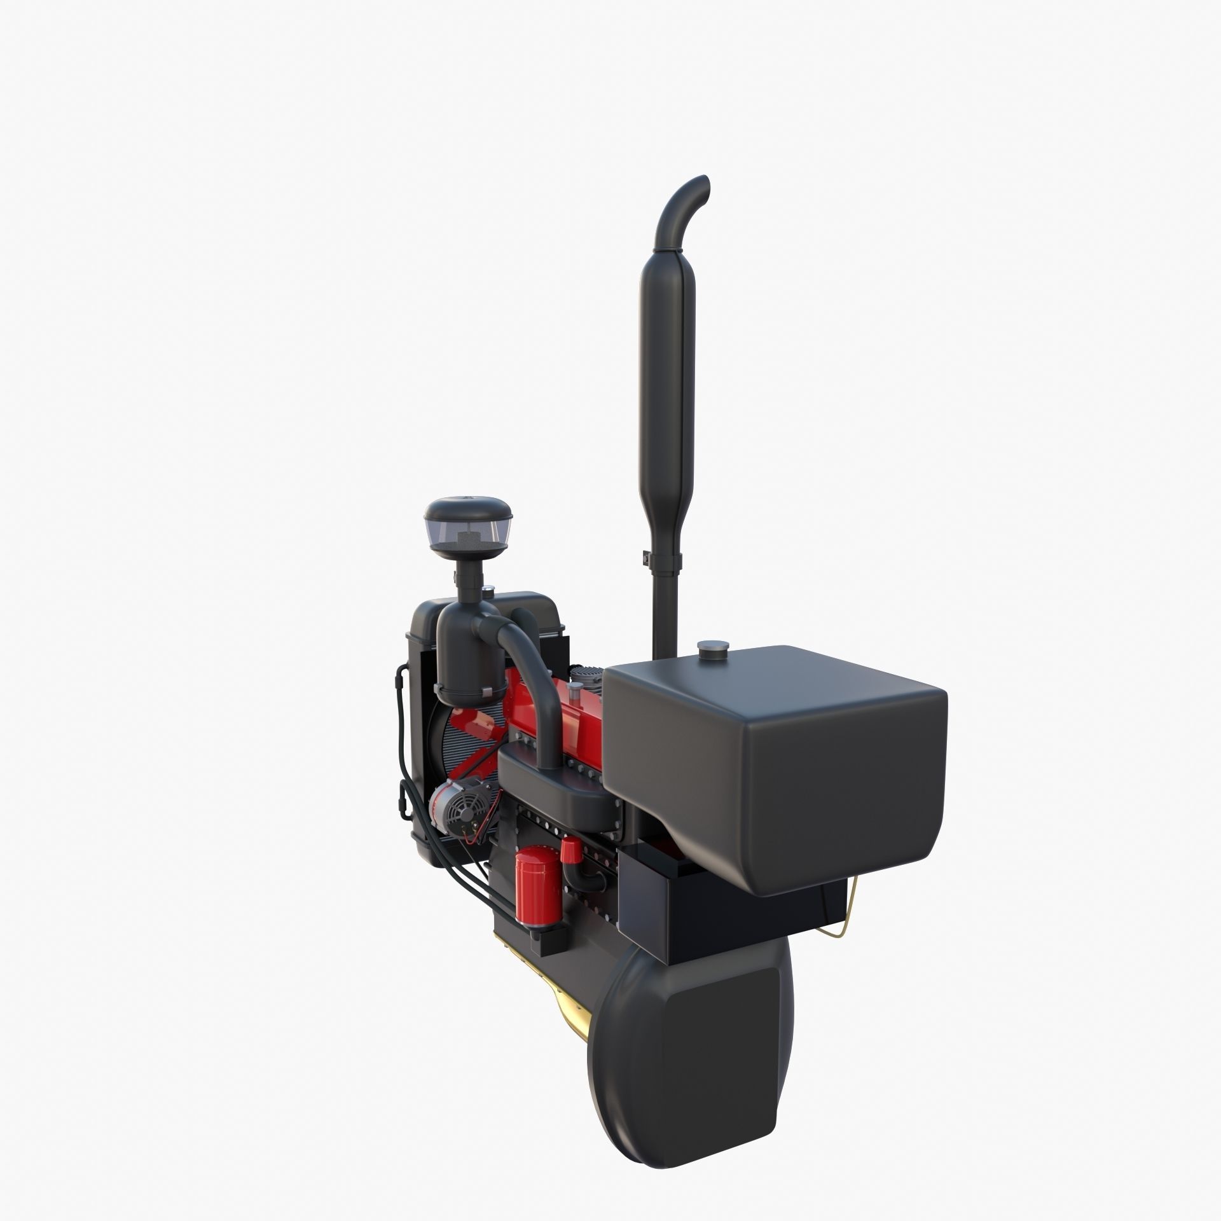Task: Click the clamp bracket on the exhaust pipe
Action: pyautogui.click(x=659, y=560)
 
